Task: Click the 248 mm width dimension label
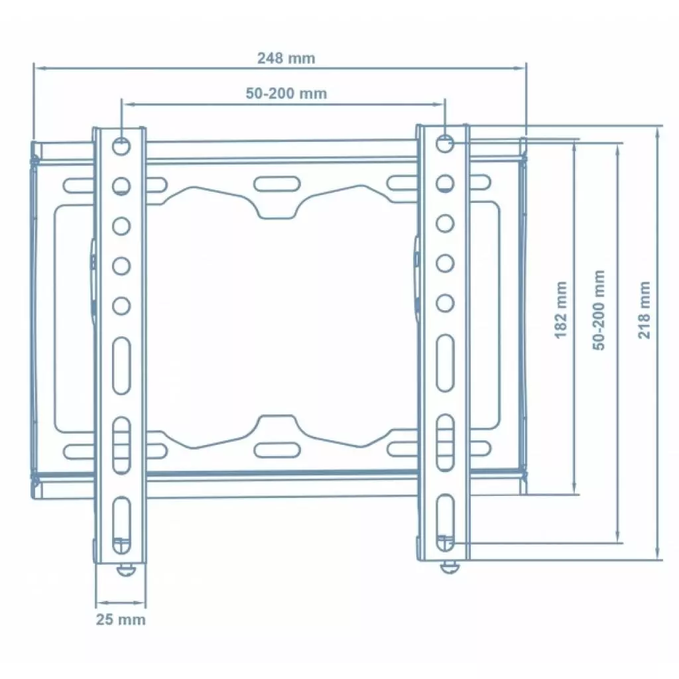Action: click(286, 58)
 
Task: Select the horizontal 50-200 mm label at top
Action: click(286, 93)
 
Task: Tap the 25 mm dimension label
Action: click(120, 619)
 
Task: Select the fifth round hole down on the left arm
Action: click(121, 306)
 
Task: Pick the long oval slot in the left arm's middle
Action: click(121, 365)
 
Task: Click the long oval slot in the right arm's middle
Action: click(446, 363)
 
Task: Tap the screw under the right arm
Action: click(450, 567)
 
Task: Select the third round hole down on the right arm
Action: click(446, 223)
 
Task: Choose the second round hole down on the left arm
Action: click(121, 185)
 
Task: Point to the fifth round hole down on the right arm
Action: click(446, 304)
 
